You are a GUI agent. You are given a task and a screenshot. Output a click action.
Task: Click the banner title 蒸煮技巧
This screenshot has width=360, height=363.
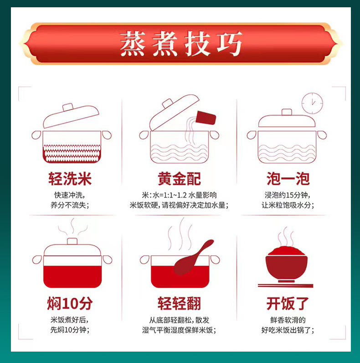pyautogui.click(x=181, y=43)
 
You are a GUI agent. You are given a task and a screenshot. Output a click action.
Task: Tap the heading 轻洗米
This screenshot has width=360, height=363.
pyautogui.click(x=70, y=179)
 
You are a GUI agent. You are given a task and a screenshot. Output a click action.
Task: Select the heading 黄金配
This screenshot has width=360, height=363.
pyautogui.click(x=179, y=179)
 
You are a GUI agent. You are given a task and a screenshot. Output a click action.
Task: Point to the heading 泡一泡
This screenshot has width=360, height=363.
pyautogui.click(x=288, y=179)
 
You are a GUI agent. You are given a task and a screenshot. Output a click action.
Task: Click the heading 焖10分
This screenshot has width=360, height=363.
pyautogui.click(x=70, y=303)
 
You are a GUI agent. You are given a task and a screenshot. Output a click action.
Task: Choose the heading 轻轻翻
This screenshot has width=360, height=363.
pyautogui.click(x=179, y=303)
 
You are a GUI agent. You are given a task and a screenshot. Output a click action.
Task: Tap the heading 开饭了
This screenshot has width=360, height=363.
pyautogui.click(x=288, y=303)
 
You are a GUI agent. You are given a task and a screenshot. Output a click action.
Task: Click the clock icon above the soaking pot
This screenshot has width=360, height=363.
pyautogui.click(x=312, y=103)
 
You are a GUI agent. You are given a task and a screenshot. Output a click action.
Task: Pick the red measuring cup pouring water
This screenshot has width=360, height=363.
pyautogui.click(x=206, y=118)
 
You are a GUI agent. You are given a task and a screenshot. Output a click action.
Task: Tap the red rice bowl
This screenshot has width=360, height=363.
pyautogui.click(x=287, y=264)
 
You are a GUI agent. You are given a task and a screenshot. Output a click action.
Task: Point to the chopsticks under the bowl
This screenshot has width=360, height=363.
pyautogui.click(x=286, y=285)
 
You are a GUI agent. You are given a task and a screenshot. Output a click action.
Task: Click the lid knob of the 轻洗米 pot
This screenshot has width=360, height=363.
pyautogui.click(x=68, y=107)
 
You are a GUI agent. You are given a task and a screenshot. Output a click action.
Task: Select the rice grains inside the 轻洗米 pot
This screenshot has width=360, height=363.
pyautogui.click(x=72, y=153)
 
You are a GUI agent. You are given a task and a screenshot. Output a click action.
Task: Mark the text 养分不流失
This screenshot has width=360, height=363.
pyautogui.click(x=68, y=205)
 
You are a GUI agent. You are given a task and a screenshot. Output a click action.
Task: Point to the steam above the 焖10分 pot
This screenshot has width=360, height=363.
pyautogui.click(x=72, y=227)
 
